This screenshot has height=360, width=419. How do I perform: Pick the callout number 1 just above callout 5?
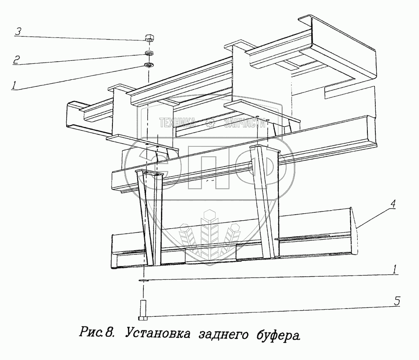(x=396, y=268)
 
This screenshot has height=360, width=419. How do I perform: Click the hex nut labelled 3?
(x=149, y=38)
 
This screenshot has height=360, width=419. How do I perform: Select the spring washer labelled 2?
(x=149, y=54)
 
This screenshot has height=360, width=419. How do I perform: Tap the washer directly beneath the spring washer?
(x=149, y=66)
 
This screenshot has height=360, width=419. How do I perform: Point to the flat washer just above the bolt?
(x=144, y=279)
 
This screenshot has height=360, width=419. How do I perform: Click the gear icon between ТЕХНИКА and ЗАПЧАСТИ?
(x=211, y=124)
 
